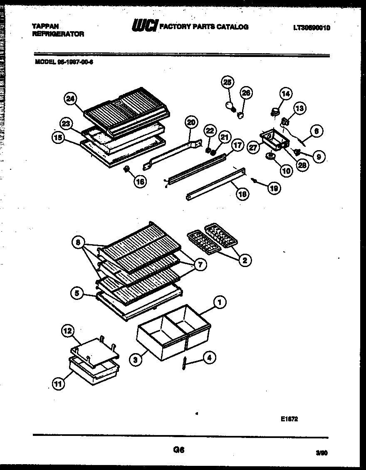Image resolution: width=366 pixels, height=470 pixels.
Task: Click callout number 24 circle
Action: click(x=71, y=99)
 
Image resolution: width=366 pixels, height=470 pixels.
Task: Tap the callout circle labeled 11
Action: click(x=59, y=384)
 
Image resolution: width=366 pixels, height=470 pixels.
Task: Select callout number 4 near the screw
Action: click(x=209, y=357)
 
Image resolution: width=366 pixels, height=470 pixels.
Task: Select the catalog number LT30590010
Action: click(x=312, y=28)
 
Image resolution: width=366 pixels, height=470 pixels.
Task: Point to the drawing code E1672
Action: click(x=289, y=419)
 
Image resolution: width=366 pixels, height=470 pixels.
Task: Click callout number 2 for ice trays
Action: click(x=245, y=260)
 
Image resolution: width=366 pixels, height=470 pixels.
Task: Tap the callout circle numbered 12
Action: click(x=67, y=331)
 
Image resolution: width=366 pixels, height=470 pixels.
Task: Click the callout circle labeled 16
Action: click(x=141, y=181)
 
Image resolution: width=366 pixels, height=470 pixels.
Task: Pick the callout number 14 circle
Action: click(x=286, y=94)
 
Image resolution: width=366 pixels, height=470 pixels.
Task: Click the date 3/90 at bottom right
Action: click(x=321, y=454)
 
